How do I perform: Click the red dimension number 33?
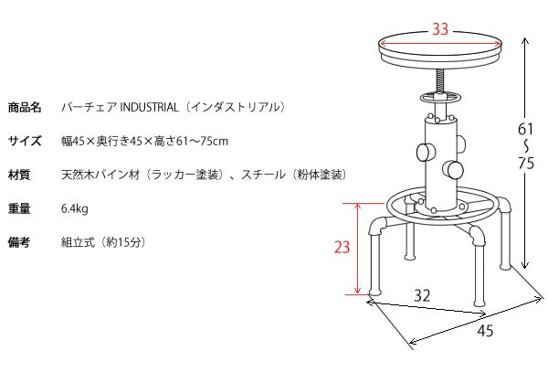(x=440, y=28)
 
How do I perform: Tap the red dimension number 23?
(x=342, y=247)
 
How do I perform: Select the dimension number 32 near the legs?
(x=422, y=295)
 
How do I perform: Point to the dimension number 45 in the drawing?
(x=485, y=331)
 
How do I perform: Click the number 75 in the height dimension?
(x=526, y=163)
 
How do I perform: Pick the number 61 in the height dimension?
(x=525, y=129)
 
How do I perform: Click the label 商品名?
(x=25, y=107)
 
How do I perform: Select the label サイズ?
(x=25, y=141)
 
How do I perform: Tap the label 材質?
(x=19, y=175)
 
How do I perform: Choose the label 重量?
(x=19, y=208)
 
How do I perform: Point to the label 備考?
(x=19, y=242)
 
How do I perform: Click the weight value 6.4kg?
(x=75, y=208)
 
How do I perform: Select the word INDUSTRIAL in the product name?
(x=149, y=107)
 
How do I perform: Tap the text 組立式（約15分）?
(x=102, y=242)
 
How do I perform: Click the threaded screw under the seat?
(x=439, y=80)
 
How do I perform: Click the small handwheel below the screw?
(x=439, y=98)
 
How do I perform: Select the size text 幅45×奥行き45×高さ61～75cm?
(x=144, y=141)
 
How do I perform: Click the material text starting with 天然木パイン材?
(x=204, y=175)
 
